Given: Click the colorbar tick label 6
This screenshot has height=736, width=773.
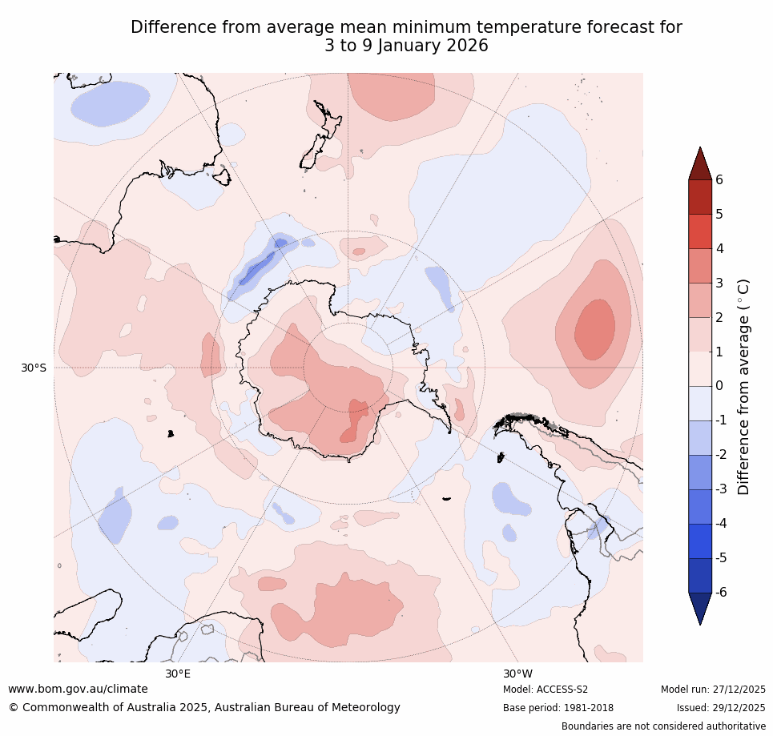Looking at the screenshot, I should tap(719, 180).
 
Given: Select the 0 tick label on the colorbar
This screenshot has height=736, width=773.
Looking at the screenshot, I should tap(719, 386).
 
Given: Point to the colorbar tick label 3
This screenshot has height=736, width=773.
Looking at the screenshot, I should tap(719, 284).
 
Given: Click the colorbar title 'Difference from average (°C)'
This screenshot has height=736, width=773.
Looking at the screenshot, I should tap(743, 386).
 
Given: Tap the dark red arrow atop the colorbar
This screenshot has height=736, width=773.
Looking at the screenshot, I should tap(700, 164).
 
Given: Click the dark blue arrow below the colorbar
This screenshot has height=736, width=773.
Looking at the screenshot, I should tap(700, 608).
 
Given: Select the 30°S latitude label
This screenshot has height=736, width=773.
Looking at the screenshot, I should tap(34, 368).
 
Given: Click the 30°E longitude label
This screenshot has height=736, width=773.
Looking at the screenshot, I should tap(178, 674).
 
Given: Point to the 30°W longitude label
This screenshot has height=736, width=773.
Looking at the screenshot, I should tap(518, 674).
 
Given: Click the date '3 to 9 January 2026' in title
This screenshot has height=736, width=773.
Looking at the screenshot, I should tap(406, 46).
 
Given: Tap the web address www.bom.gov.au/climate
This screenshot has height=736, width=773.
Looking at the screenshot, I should tap(78, 690).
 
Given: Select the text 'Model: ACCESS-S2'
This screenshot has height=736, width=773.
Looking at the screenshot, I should tap(546, 690).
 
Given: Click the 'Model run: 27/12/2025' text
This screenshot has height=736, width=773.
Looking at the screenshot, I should tap(713, 690).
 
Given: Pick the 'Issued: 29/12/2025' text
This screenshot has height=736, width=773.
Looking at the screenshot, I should tap(721, 708).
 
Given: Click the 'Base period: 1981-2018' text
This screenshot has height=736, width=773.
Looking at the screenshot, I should tap(558, 708).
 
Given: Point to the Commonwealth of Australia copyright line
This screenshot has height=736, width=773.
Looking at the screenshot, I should tap(204, 708).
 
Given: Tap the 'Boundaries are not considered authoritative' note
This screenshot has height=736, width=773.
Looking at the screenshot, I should tap(663, 726).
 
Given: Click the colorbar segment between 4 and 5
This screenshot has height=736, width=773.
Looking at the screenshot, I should tap(700, 231).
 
